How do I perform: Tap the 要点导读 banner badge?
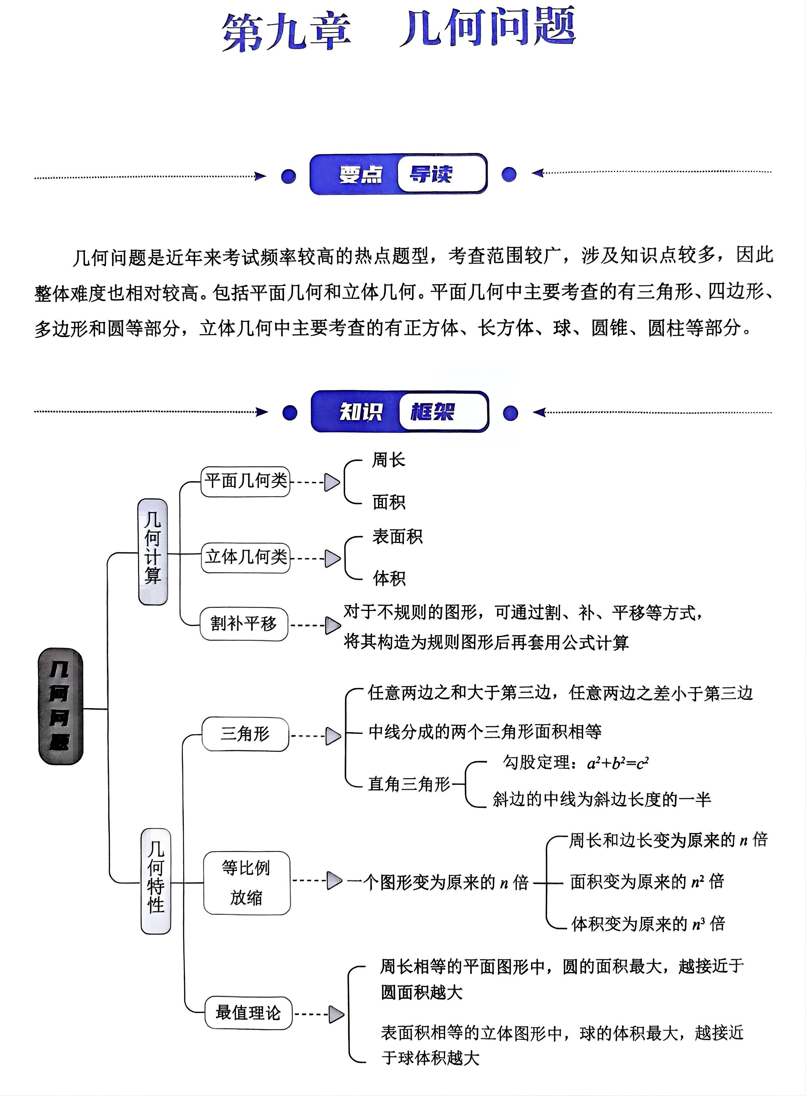point(399,174)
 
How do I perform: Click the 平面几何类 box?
point(245,482)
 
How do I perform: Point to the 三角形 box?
point(245,734)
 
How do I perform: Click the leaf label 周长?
point(388,460)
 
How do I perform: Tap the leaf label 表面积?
point(397,537)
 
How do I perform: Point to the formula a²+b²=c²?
point(618,763)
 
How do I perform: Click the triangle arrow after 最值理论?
point(336,1014)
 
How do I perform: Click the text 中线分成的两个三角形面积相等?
point(485,732)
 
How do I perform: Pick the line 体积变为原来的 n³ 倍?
point(648,923)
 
